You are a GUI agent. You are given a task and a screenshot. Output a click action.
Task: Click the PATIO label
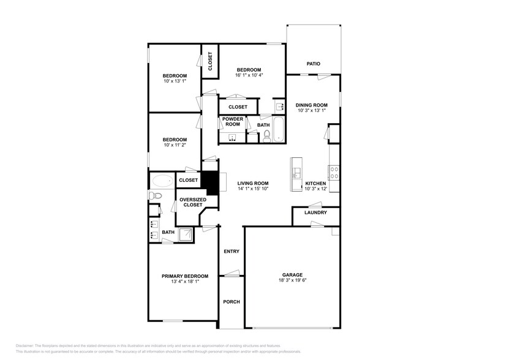[314, 64]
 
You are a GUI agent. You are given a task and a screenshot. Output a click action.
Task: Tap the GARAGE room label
[292, 275]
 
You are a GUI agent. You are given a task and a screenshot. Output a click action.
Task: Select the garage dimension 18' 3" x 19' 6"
[292, 281]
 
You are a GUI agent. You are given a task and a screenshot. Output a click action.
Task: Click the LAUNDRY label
[315, 213]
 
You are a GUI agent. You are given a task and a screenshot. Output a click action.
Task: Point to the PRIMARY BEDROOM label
[185, 276]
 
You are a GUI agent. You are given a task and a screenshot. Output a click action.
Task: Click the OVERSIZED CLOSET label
[191, 202]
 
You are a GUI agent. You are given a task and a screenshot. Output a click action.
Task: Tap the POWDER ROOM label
[232, 121]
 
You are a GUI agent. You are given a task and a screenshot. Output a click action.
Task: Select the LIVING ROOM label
[253, 183]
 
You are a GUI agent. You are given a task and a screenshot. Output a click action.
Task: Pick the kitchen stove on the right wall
[334, 173]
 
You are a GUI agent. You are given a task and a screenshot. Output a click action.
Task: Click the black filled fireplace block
[211, 183]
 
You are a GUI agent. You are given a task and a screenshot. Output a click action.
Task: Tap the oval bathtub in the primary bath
[162, 181]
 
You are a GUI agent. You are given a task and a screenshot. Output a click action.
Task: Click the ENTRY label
[232, 252]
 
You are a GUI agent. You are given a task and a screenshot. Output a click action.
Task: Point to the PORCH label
[232, 302]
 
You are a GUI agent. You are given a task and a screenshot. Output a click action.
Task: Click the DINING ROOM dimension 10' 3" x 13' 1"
[312, 111]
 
